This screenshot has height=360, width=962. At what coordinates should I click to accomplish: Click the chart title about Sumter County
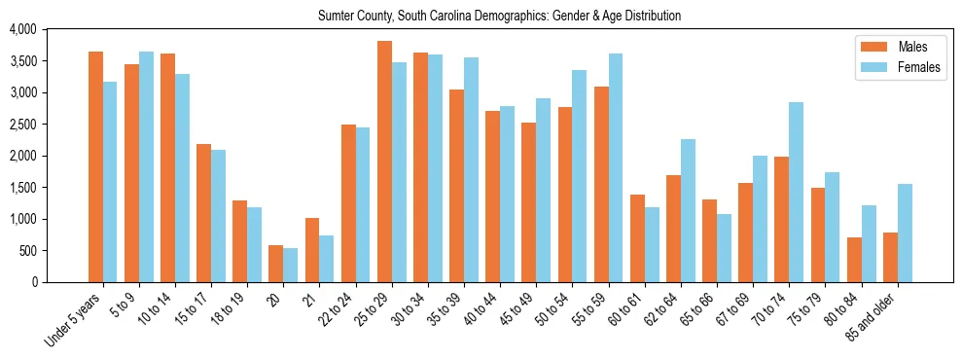(500, 17)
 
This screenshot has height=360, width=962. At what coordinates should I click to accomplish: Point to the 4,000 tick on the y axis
(22, 30)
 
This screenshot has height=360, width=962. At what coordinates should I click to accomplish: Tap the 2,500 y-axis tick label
(22, 125)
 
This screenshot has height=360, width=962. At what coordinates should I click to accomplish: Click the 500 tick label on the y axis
(29, 251)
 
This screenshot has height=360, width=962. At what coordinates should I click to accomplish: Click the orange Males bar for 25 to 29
(384, 162)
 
